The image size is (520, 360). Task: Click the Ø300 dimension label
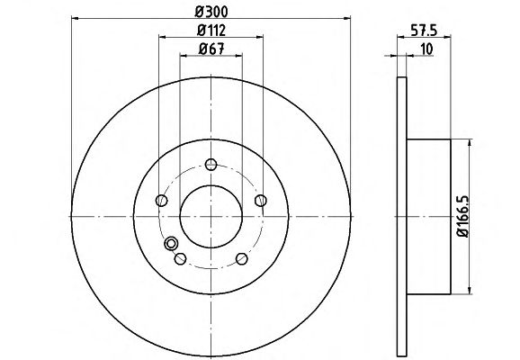pyautogui.click(x=211, y=12)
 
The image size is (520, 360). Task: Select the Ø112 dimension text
pyautogui.click(x=211, y=31)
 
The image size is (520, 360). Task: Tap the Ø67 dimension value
pyautogui.click(x=211, y=49)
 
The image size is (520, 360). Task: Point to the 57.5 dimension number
pyautogui.click(x=424, y=31)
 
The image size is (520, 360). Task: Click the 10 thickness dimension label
pyautogui.click(x=426, y=49)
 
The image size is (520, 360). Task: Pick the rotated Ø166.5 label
pyautogui.click(x=463, y=216)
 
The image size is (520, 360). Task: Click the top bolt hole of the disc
pyautogui.click(x=211, y=164)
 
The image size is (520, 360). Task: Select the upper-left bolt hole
pyautogui.click(x=162, y=201)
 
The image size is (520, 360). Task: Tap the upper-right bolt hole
pyautogui.click(x=261, y=201)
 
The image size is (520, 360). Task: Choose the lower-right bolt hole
pyautogui.click(x=242, y=258)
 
